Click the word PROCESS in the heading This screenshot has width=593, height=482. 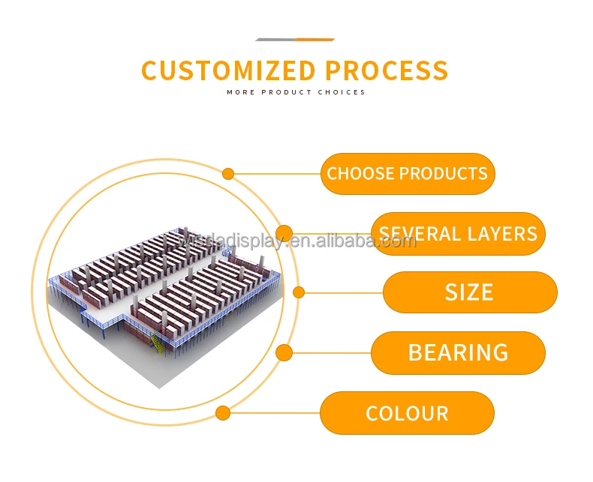387,70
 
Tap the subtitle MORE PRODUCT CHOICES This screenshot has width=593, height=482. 296,93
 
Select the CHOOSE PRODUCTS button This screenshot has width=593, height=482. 408,174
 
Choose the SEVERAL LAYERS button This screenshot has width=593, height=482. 458,233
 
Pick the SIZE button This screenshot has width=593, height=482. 470,292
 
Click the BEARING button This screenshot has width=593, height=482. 458,352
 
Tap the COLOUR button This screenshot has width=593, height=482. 407,413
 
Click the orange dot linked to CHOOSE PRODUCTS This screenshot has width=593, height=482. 228,174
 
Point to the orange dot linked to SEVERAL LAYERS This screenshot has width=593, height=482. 284,233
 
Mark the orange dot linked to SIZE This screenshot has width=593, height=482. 298,292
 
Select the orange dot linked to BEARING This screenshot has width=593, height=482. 284,352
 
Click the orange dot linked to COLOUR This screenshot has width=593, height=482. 223,413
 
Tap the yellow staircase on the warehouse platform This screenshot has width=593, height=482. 156,344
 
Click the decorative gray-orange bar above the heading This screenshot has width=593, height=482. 295,40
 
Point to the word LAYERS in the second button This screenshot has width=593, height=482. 501,234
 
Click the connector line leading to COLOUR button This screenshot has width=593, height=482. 274,413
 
